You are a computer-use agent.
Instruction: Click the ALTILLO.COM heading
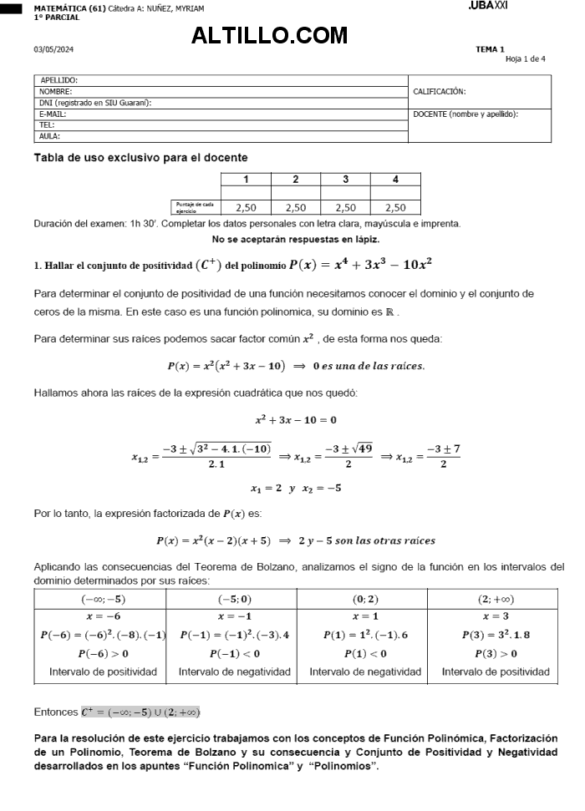pyautogui.click(x=269, y=35)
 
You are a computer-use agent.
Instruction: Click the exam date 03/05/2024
pyautogui.click(x=53, y=49)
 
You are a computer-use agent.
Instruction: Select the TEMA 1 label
pyautogui.click(x=490, y=49)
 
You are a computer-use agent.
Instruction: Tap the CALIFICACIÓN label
pyautogui.click(x=440, y=91)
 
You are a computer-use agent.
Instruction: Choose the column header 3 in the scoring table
pyautogui.click(x=345, y=179)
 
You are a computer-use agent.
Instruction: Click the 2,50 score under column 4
pyautogui.click(x=395, y=208)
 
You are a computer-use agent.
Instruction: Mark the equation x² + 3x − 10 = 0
pyautogui.click(x=296, y=419)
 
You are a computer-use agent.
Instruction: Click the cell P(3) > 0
pyautogui.click(x=496, y=653)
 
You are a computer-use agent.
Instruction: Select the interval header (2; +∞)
pyautogui.click(x=496, y=599)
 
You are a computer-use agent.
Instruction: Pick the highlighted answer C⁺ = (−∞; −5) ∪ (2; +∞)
pyautogui.click(x=140, y=712)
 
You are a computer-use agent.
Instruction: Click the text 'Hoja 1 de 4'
pyautogui.click(x=525, y=58)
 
